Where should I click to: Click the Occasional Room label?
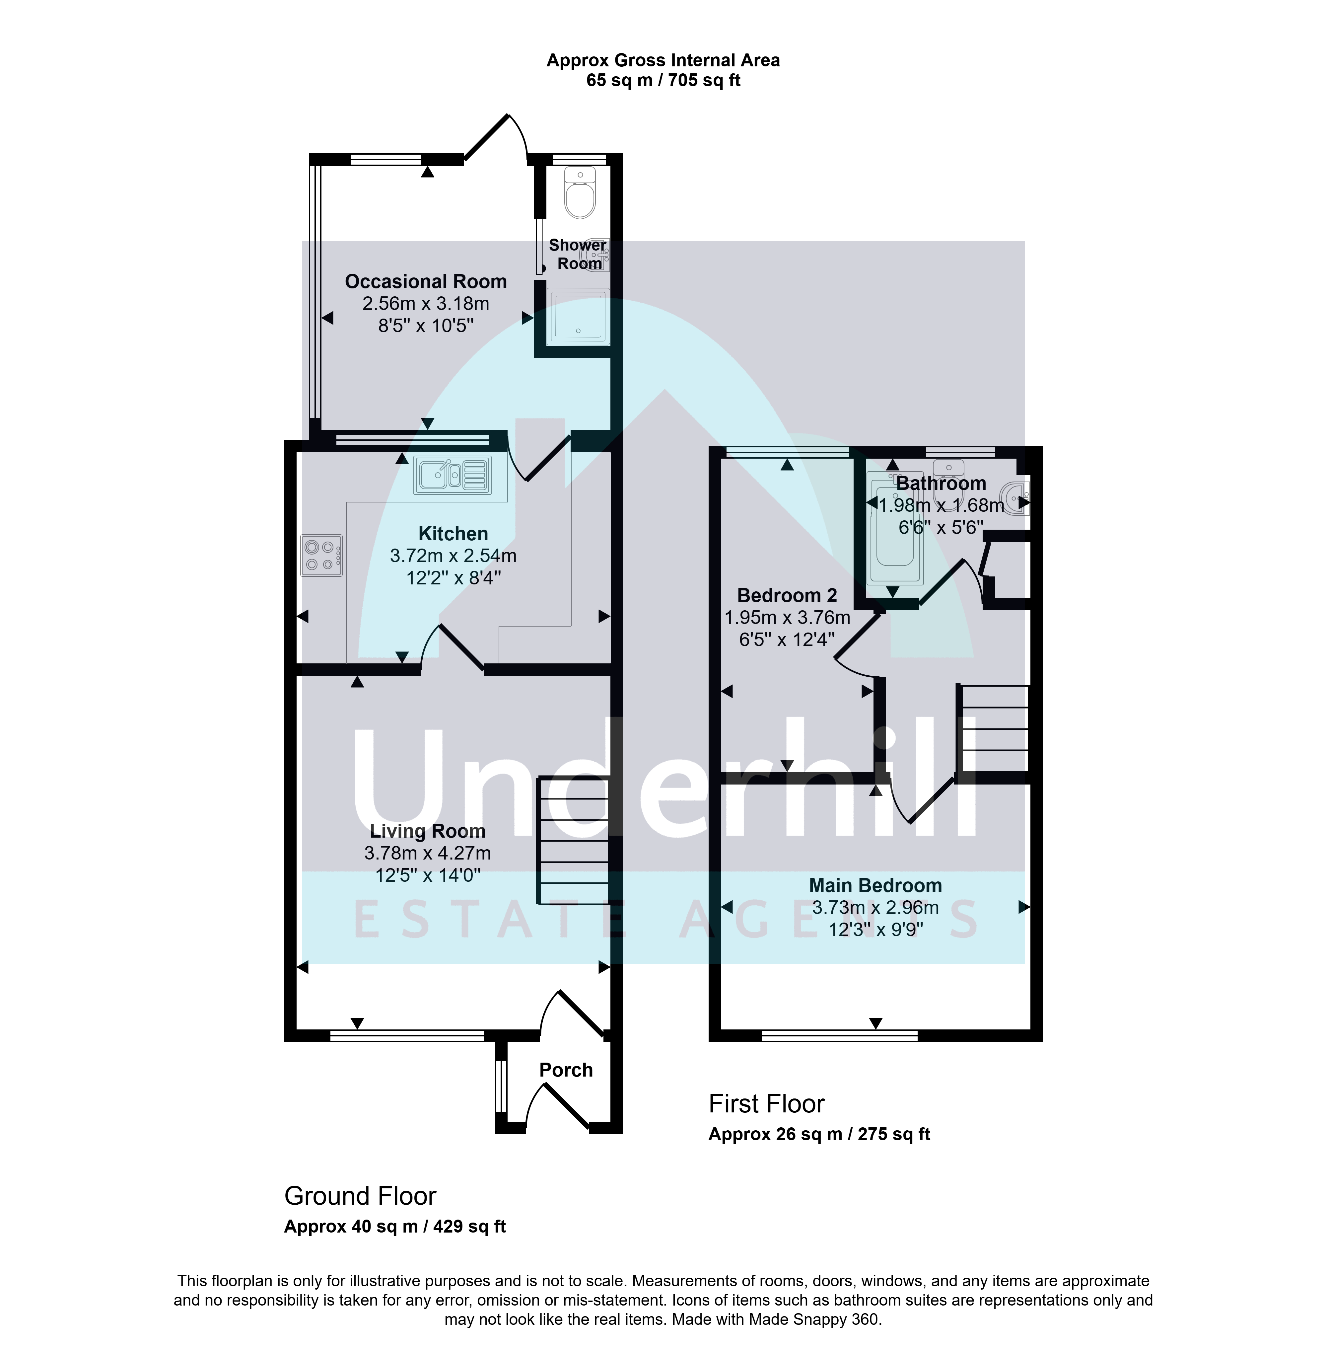tap(426, 282)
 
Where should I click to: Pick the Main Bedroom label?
tap(875, 885)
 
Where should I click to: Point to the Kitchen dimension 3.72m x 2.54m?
tap(453, 556)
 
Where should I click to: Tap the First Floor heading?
tap(767, 1104)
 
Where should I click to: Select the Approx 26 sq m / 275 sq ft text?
tap(819, 1134)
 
